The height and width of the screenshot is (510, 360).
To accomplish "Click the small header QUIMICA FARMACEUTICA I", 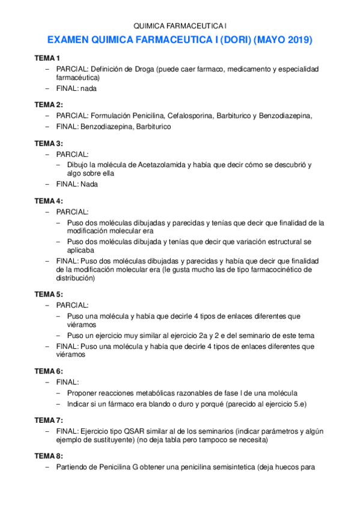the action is [x=180, y=26].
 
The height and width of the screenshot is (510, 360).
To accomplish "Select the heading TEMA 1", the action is [x=47, y=58].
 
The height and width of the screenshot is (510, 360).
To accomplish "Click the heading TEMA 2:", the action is [x=48, y=105].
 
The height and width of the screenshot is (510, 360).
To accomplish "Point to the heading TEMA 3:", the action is [x=48, y=143].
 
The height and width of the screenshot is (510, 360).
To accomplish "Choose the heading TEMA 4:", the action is [x=48, y=200].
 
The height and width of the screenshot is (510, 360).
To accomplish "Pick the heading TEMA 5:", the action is [x=48, y=294].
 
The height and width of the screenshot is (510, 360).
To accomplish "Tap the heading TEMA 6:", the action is [x=48, y=371].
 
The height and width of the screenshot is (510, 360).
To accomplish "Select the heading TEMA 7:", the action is [x=48, y=419].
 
